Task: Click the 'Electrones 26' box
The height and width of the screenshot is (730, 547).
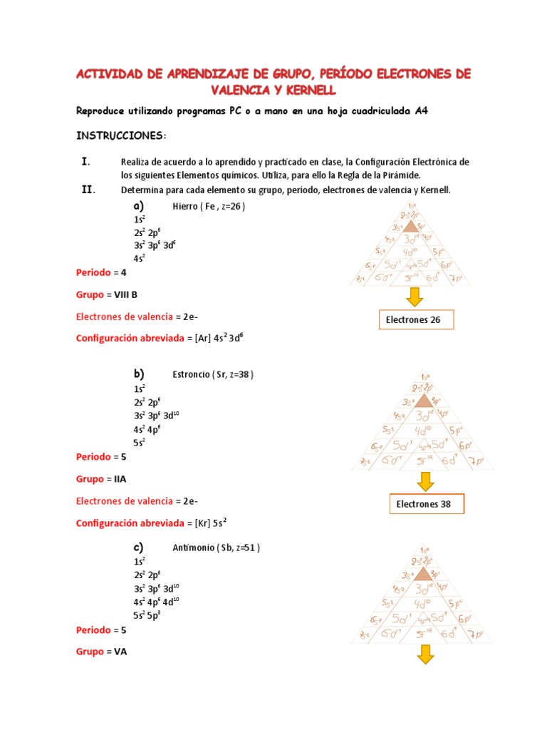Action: [x=415, y=320]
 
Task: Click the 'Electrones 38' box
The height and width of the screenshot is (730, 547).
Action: [x=424, y=505]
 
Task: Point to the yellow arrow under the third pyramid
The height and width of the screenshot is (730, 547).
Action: [x=425, y=654]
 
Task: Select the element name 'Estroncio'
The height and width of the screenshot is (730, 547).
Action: [x=191, y=375]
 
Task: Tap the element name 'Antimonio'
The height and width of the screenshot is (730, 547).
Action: [x=193, y=548]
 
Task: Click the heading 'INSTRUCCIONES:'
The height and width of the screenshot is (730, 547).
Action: [x=121, y=135]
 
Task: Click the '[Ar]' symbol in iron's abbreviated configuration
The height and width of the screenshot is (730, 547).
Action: [x=203, y=339]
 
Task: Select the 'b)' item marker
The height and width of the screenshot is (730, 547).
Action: [x=139, y=374]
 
